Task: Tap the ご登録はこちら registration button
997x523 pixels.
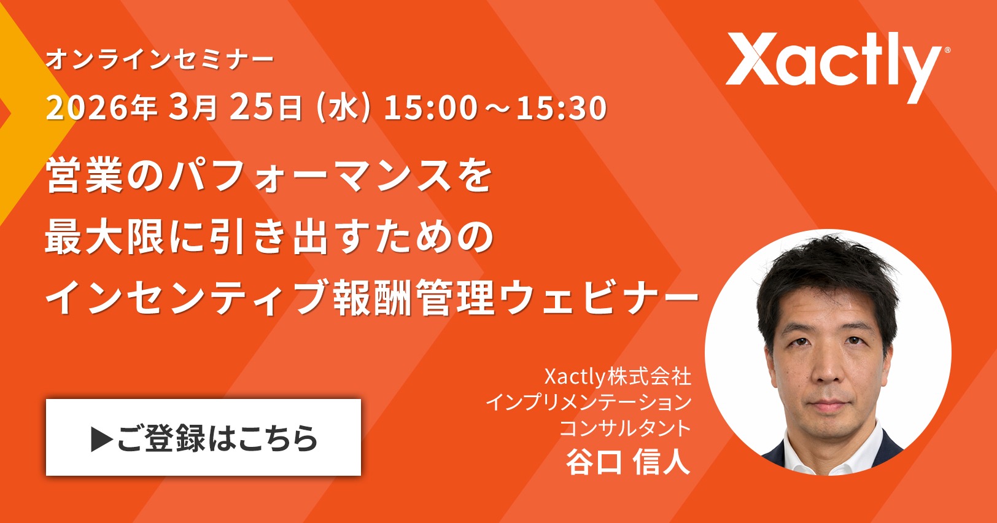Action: click(203, 438)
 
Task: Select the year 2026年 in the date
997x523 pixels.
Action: click(101, 107)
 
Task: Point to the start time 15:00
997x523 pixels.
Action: click(430, 108)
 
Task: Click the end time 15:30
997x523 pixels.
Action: click(561, 108)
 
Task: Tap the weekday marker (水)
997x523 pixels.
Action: click(343, 108)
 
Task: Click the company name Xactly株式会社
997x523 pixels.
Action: click(618, 376)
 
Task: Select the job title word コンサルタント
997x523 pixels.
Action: click(624, 428)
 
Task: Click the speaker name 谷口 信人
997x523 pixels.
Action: click(628, 462)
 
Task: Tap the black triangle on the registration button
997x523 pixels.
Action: click(102, 439)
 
